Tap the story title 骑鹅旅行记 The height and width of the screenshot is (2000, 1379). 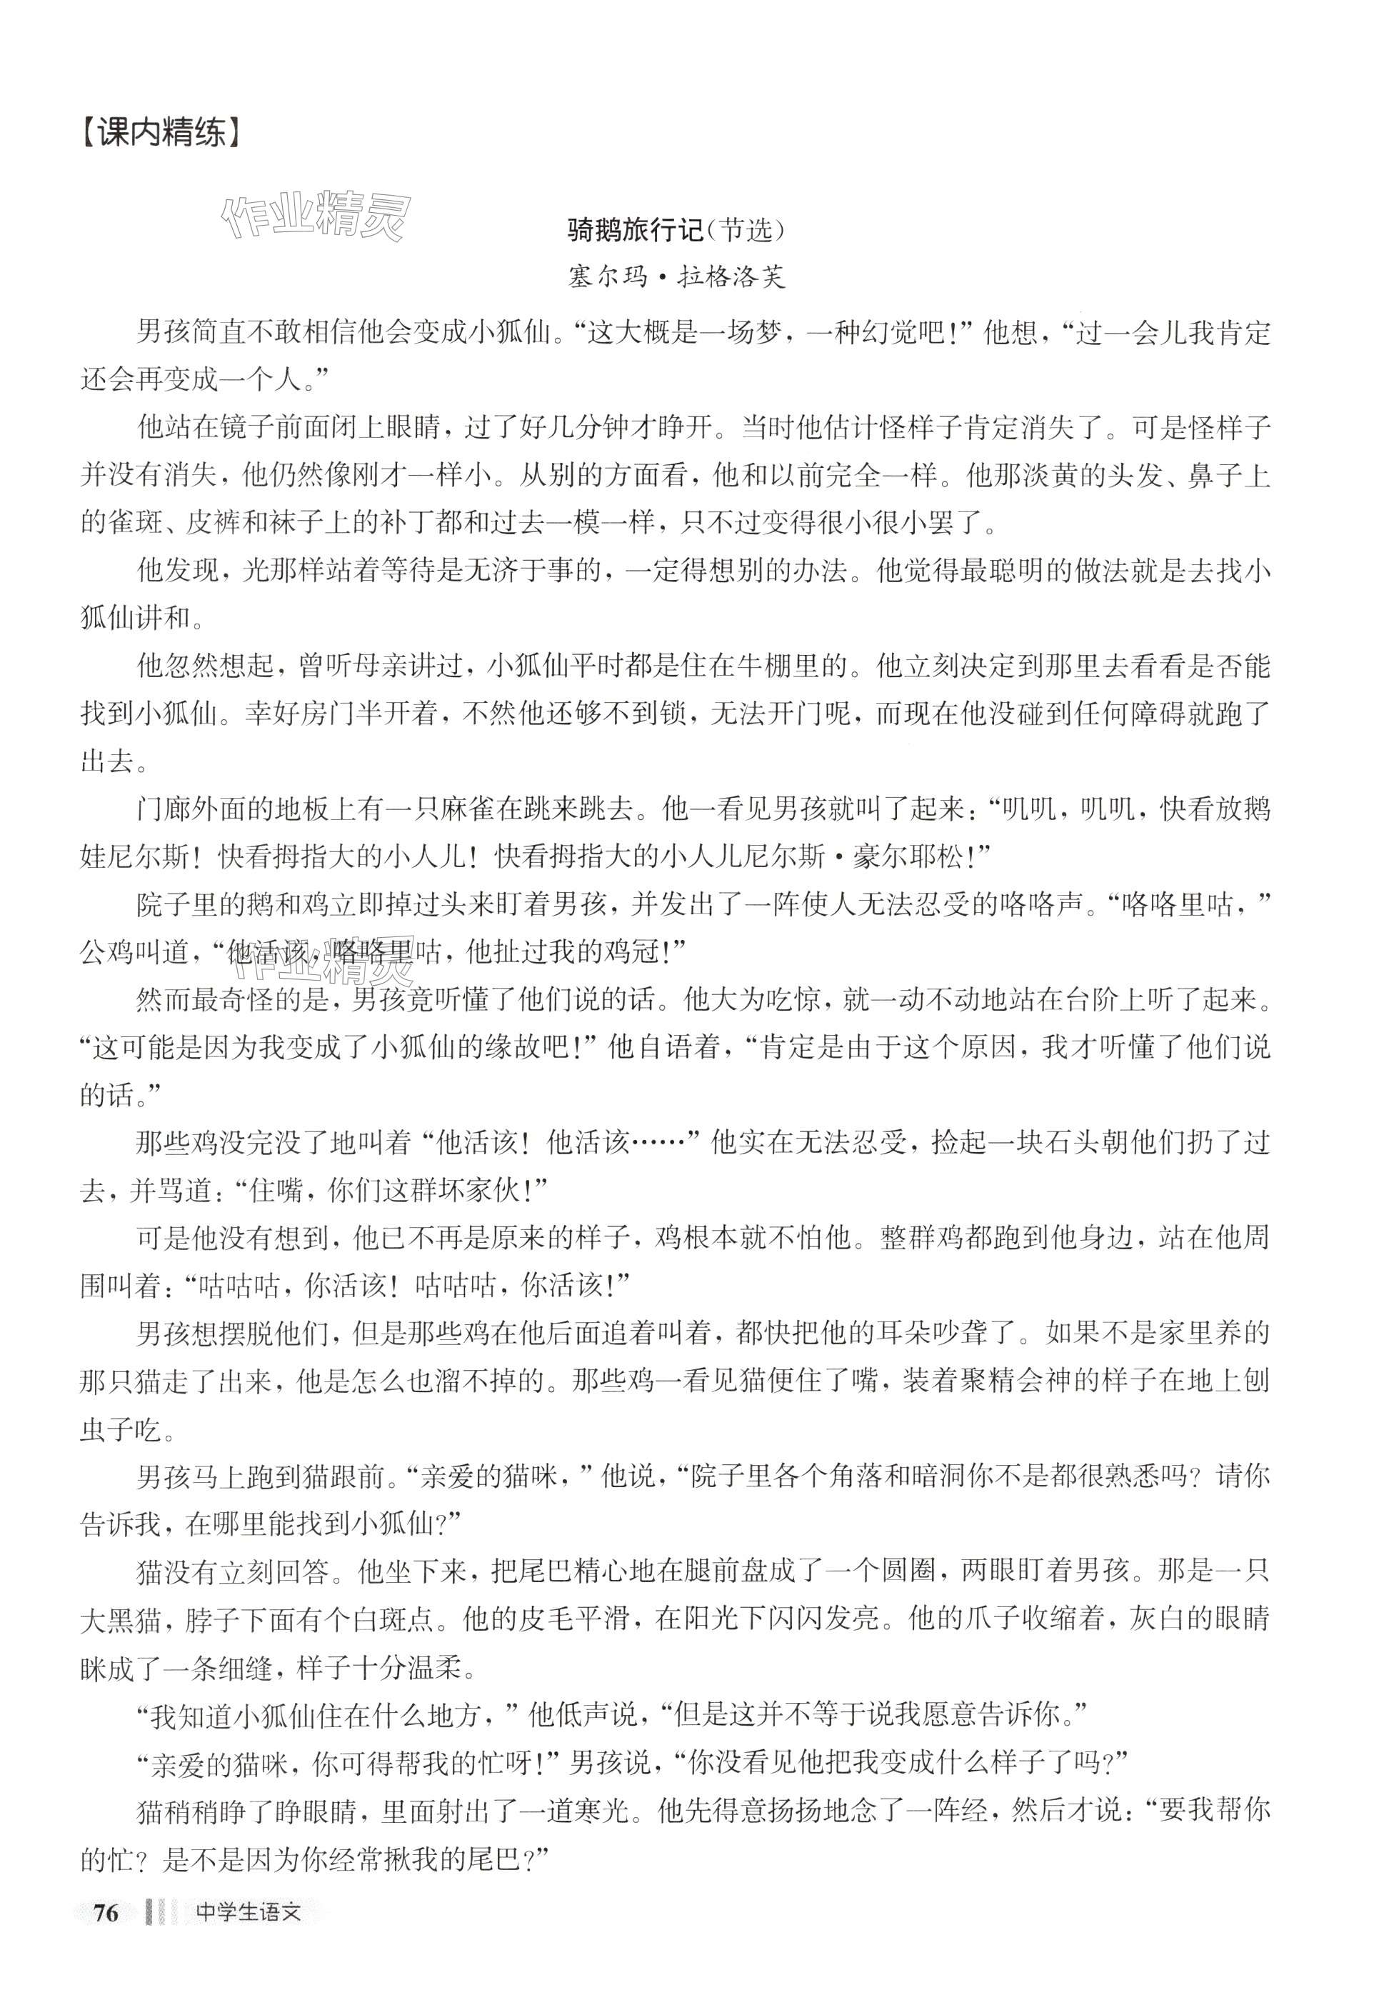point(635,231)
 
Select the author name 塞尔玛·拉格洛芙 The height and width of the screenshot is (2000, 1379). point(676,277)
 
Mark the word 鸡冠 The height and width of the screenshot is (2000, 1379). point(629,954)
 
